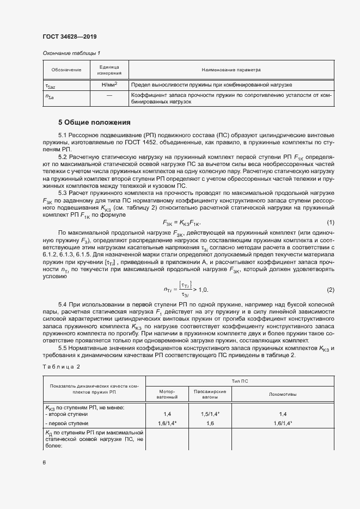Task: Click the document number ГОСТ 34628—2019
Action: [x=70, y=37]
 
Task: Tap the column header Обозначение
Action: [x=66, y=70]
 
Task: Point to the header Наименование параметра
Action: [x=231, y=70]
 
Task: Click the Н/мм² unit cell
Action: [x=109, y=85]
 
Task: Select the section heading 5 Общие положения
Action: [x=94, y=122]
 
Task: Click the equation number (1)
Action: [x=330, y=223]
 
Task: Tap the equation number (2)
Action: [x=330, y=290]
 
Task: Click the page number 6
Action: [x=44, y=462]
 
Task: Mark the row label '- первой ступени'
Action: [x=66, y=423]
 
